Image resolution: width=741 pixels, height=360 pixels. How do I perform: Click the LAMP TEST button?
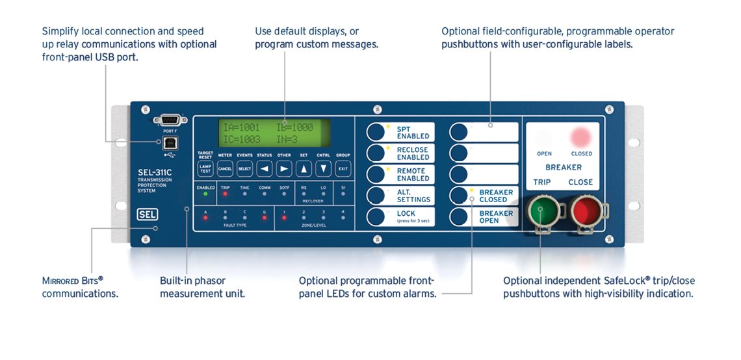pyautogui.click(x=205, y=168)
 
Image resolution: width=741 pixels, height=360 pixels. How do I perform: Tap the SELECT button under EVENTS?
pyautogui.click(x=244, y=168)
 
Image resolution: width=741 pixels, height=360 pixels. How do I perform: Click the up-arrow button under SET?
pyautogui.click(x=304, y=168)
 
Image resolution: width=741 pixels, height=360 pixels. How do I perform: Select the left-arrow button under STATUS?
pyautogui.click(x=264, y=168)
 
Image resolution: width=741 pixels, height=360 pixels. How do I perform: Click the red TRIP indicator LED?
pyautogui.click(x=224, y=194)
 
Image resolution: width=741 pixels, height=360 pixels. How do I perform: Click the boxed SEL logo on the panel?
pyautogui.click(x=147, y=214)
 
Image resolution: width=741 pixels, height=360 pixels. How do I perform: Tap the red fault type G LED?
pyautogui.click(x=264, y=218)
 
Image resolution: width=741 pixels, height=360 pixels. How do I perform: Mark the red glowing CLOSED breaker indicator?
pyautogui.click(x=581, y=137)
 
